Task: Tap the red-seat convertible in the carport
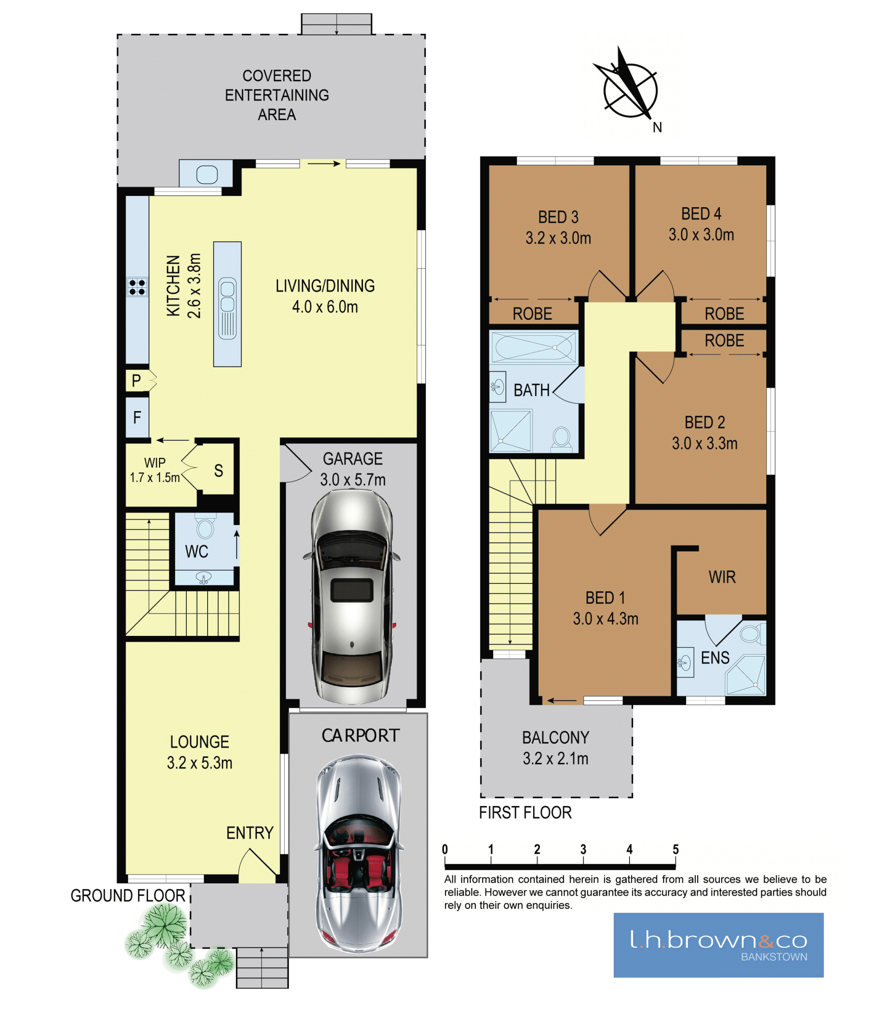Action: click(x=359, y=854)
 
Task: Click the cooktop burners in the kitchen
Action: click(x=137, y=287)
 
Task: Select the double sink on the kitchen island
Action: click(x=228, y=308)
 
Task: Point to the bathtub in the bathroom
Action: click(x=534, y=346)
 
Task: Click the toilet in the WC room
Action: click(x=204, y=527)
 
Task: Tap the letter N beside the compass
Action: click(x=657, y=127)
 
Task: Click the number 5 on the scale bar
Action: click(x=675, y=849)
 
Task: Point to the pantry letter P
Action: click(x=136, y=381)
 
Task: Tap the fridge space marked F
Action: click(x=137, y=418)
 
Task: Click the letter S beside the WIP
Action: click(x=218, y=470)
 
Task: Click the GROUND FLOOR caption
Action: click(x=127, y=895)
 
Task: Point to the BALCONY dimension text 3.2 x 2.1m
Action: click(x=555, y=758)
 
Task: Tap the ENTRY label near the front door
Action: click(x=250, y=833)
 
